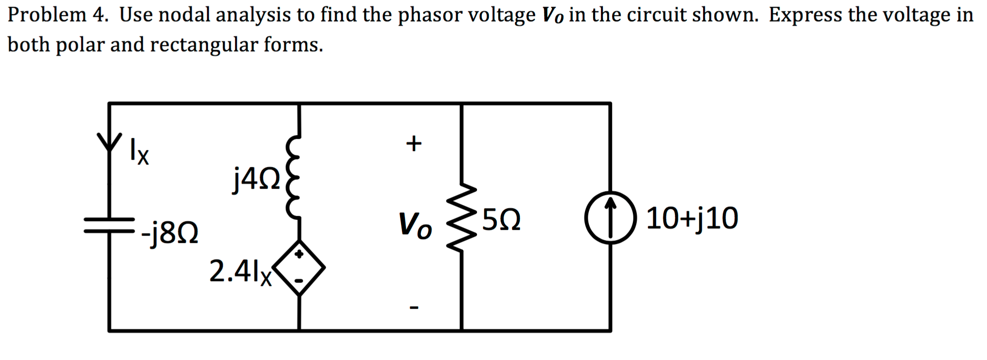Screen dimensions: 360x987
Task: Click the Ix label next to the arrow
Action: [139, 152]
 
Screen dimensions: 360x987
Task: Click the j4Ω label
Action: [256, 179]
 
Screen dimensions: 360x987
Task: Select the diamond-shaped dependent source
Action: [299, 268]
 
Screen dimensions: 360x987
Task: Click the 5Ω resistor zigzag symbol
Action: [462, 217]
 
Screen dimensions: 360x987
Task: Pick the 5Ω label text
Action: [501, 220]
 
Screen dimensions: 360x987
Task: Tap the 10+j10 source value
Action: [692, 218]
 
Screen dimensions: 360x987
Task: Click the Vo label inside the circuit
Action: [415, 225]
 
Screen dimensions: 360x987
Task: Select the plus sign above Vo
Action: [414, 143]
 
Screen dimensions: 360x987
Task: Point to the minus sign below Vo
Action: [414, 307]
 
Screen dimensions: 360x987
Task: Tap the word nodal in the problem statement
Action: [186, 15]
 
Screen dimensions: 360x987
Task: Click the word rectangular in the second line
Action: [204, 45]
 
